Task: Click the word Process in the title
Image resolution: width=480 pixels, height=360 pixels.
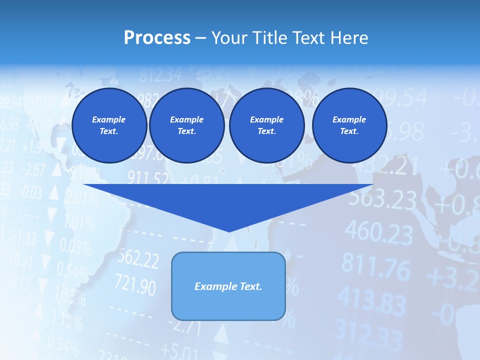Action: (157, 38)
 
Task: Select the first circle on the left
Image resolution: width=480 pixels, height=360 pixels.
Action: (109, 125)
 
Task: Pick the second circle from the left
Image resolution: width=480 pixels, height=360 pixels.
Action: (187, 125)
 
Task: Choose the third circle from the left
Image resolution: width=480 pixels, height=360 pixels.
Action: (266, 125)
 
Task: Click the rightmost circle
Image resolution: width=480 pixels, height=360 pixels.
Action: (349, 125)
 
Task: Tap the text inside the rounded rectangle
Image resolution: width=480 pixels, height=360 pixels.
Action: (228, 286)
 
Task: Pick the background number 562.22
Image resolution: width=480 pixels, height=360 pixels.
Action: (138, 259)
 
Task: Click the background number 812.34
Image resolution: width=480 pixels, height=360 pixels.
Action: (160, 75)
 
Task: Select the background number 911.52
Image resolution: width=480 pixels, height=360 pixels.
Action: (147, 177)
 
